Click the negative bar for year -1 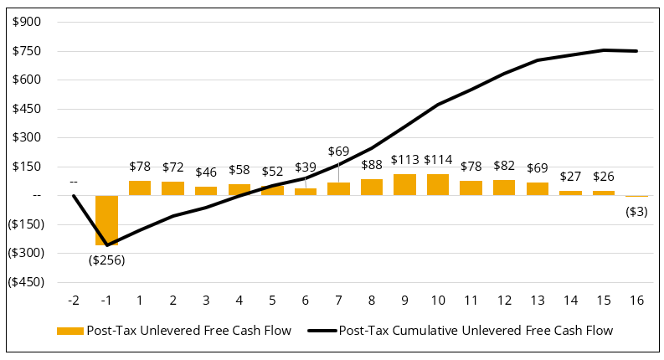coord(106,219)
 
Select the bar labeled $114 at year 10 coord(438,185)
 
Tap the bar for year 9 coord(404,185)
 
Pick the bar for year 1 coord(140,188)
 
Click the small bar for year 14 coord(570,193)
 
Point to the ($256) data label coord(106,260)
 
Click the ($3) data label coord(636,211)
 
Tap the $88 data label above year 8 coord(372,164)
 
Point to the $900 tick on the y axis coord(28,23)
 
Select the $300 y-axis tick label coord(28,137)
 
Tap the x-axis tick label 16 coord(636,299)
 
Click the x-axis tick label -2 coord(74,299)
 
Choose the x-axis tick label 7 coord(338,299)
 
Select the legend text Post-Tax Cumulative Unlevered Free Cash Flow coord(476,331)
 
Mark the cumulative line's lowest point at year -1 coord(106,245)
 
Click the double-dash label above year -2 coord(74,182)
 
